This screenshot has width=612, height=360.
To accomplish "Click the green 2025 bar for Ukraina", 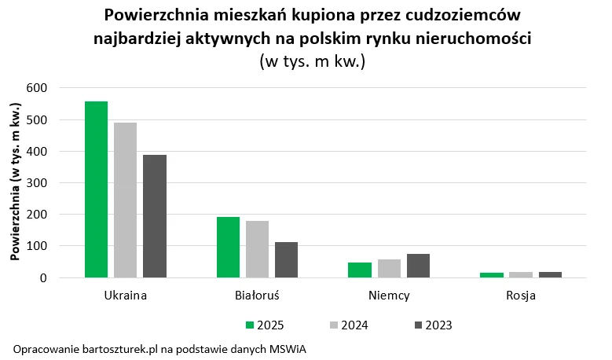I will (97, 189).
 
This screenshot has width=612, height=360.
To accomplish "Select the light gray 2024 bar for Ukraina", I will (126, 200).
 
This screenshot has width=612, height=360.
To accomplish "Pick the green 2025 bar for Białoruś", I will (228, 248).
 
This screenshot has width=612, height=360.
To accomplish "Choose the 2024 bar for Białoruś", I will (257, 249).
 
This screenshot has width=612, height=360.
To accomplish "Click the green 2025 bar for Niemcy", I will (360, 270).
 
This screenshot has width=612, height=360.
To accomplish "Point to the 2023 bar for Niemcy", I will (418, 266).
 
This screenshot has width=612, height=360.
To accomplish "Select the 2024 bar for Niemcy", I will (389, 269).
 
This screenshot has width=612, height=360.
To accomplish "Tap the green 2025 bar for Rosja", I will (492, 275).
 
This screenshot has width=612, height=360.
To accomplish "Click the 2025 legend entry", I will (265, 325).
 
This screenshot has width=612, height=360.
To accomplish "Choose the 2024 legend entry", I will (348, 325).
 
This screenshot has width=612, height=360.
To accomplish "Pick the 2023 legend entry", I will (432, 325).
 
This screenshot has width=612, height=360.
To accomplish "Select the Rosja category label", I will (521, 297).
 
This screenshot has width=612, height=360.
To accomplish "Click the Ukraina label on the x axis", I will (126, 297).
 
